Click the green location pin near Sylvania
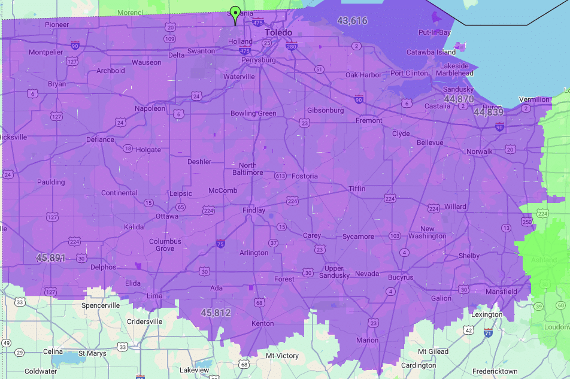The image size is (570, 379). pos(236,13)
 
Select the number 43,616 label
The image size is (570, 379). pos(352,21)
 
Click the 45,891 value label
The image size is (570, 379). pos(51,258)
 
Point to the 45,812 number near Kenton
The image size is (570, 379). pos(216,313)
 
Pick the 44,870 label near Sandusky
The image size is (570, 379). pos(459,99)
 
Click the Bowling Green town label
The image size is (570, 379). pos(253,113)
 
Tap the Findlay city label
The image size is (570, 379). pos(253,211)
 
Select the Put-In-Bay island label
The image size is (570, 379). pos(434,32)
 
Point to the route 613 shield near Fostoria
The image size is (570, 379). pos(280,176)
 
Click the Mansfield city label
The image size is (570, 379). pos(501,292)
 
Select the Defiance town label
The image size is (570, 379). pos(100,140)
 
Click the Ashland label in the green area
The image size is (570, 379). pos(543,260)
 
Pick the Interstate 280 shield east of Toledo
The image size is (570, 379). pos(292,46)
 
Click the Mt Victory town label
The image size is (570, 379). pos(282,356)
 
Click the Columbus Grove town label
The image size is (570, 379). pos(165,245)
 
